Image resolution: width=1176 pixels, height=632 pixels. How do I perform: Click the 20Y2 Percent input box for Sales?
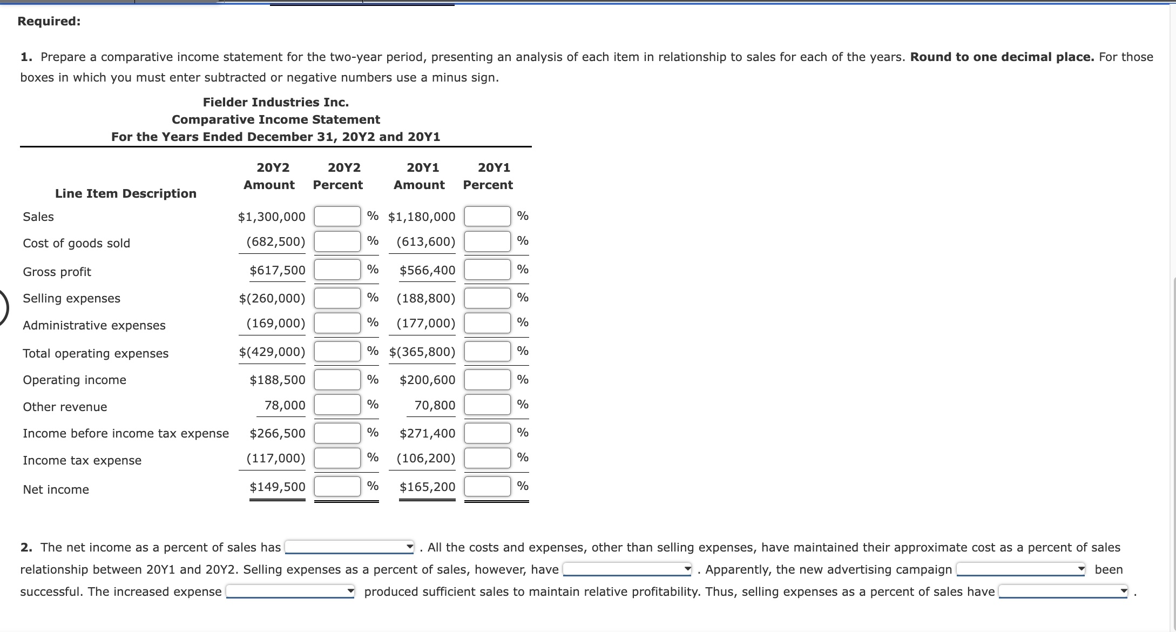pos(337,217)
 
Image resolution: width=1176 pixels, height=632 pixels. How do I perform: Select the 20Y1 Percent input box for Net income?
pos(487,487)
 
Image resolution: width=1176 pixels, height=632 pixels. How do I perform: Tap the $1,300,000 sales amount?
pos(272,217)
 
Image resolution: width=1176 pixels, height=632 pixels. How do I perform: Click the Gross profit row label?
pos(57,272)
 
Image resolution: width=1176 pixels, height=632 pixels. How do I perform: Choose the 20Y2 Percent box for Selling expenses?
pos(337,298)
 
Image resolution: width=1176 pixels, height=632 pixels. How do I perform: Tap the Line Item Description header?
pos(126,193)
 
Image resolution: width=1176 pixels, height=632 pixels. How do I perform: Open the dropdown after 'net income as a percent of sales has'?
pos(349,548)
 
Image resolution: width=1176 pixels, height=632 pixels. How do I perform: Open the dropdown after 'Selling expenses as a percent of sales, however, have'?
pos(627,569)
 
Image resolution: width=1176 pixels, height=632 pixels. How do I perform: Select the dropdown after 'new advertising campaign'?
pos(1020,569)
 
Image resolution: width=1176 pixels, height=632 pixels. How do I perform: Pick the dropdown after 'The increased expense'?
pos(290,591)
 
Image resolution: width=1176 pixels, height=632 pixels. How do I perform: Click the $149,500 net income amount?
pos(277,487)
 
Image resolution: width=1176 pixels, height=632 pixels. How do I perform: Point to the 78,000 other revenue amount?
pos(285,406)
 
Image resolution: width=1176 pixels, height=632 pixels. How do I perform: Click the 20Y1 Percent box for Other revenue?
pos(487,405)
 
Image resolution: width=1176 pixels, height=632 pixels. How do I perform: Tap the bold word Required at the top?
pos(49,21)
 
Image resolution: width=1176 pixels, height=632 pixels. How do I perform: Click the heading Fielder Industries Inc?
pos(275,102)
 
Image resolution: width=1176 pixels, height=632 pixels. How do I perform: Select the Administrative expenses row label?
pos(94,325)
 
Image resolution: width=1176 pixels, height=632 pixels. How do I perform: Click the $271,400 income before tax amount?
pos(427,434)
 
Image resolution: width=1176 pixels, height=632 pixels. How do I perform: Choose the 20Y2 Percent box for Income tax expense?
pos(337,459)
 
